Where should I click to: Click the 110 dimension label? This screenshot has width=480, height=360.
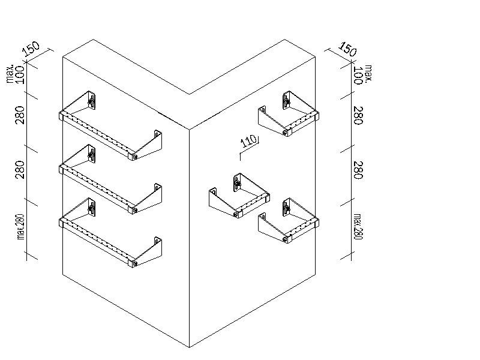pos(248,141)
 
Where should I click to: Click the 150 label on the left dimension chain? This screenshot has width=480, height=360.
pos(32,49)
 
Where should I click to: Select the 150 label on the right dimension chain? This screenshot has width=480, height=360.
pos(348,49)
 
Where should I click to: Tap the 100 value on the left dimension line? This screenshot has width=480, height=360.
pos(20,74)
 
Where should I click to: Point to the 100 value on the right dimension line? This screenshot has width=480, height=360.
pos(358,75)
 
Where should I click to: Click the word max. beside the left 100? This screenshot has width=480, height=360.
pos(10,74)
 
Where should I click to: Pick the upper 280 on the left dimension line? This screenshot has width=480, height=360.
pos(20,115)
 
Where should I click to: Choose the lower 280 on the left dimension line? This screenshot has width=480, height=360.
pos(20,170)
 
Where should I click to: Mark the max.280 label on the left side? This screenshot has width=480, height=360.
pos(20,227)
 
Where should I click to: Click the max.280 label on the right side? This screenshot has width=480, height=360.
pos(358,227)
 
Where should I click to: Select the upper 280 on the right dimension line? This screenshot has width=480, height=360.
pos(358,115)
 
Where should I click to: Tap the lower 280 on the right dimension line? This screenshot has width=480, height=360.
pos(358,170)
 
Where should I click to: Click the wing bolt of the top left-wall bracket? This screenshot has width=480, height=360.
pos(91,101)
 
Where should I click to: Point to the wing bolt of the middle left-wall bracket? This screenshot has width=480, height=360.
pos(91,155)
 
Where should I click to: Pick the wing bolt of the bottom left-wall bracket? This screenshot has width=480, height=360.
pos(91,208)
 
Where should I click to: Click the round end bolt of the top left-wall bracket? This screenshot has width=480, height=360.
pos(135,157)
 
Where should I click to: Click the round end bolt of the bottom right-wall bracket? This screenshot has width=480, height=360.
pos(285,239)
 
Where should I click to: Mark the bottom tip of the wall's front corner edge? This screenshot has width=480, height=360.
pos(189,347)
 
